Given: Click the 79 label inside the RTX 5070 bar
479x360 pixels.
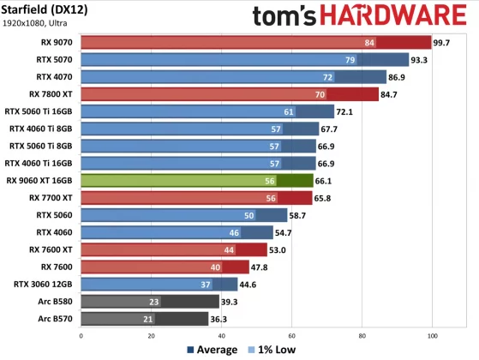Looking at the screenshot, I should click(x=350, y=59).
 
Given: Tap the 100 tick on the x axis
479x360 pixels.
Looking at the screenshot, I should click(x=433, y=336).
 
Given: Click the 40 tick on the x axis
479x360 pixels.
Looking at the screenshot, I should click(x=221, y=336).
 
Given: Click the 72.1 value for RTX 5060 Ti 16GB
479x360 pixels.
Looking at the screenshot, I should click(x=348, y=111).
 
